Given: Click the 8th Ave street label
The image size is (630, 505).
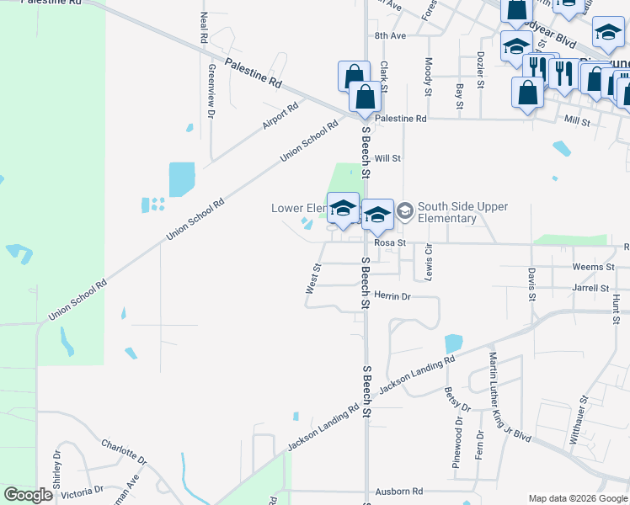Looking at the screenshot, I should (x=390, y=36).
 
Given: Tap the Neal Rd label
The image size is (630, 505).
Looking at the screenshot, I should (x=204, y=29).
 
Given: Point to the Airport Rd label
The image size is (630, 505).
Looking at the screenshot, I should (x=280, y=116).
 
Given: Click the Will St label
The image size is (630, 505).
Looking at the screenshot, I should (x=387, y=158).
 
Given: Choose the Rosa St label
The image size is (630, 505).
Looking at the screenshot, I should (x=390, y=242).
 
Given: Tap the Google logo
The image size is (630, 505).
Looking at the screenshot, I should (x=28, y=495).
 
